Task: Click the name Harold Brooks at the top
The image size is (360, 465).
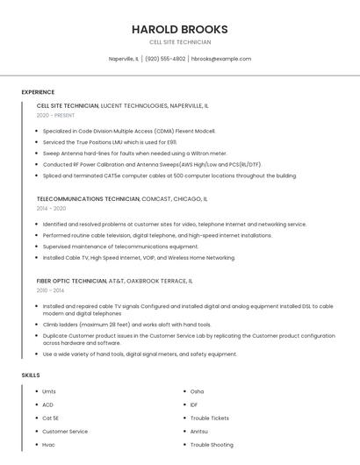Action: pos(179,29)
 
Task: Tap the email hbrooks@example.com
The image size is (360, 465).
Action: pos(221,59)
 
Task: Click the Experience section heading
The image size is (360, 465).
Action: pos(38,92)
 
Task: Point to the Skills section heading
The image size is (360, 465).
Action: pos(31,376)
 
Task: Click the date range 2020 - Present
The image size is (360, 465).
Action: pos(55,115)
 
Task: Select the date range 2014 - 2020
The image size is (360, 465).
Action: pos(51,209)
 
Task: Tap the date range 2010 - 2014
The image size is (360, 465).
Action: pos(50,290)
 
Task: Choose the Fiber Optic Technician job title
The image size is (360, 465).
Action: pos(71,281)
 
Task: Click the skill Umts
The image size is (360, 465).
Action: pos(49,391)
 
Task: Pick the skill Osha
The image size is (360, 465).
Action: pos(197,391)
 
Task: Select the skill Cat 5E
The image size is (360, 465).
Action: pos(51,418)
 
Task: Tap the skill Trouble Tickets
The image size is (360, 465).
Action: pos(209,418)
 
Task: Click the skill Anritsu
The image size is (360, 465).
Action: pos(199,431)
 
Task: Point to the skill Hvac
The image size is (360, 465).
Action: pos(48,445)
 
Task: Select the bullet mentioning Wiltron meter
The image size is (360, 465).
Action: pos(134,153)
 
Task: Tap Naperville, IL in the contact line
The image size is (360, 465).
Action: pos(124,59)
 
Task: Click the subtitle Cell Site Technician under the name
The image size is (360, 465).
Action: pos(179,42)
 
